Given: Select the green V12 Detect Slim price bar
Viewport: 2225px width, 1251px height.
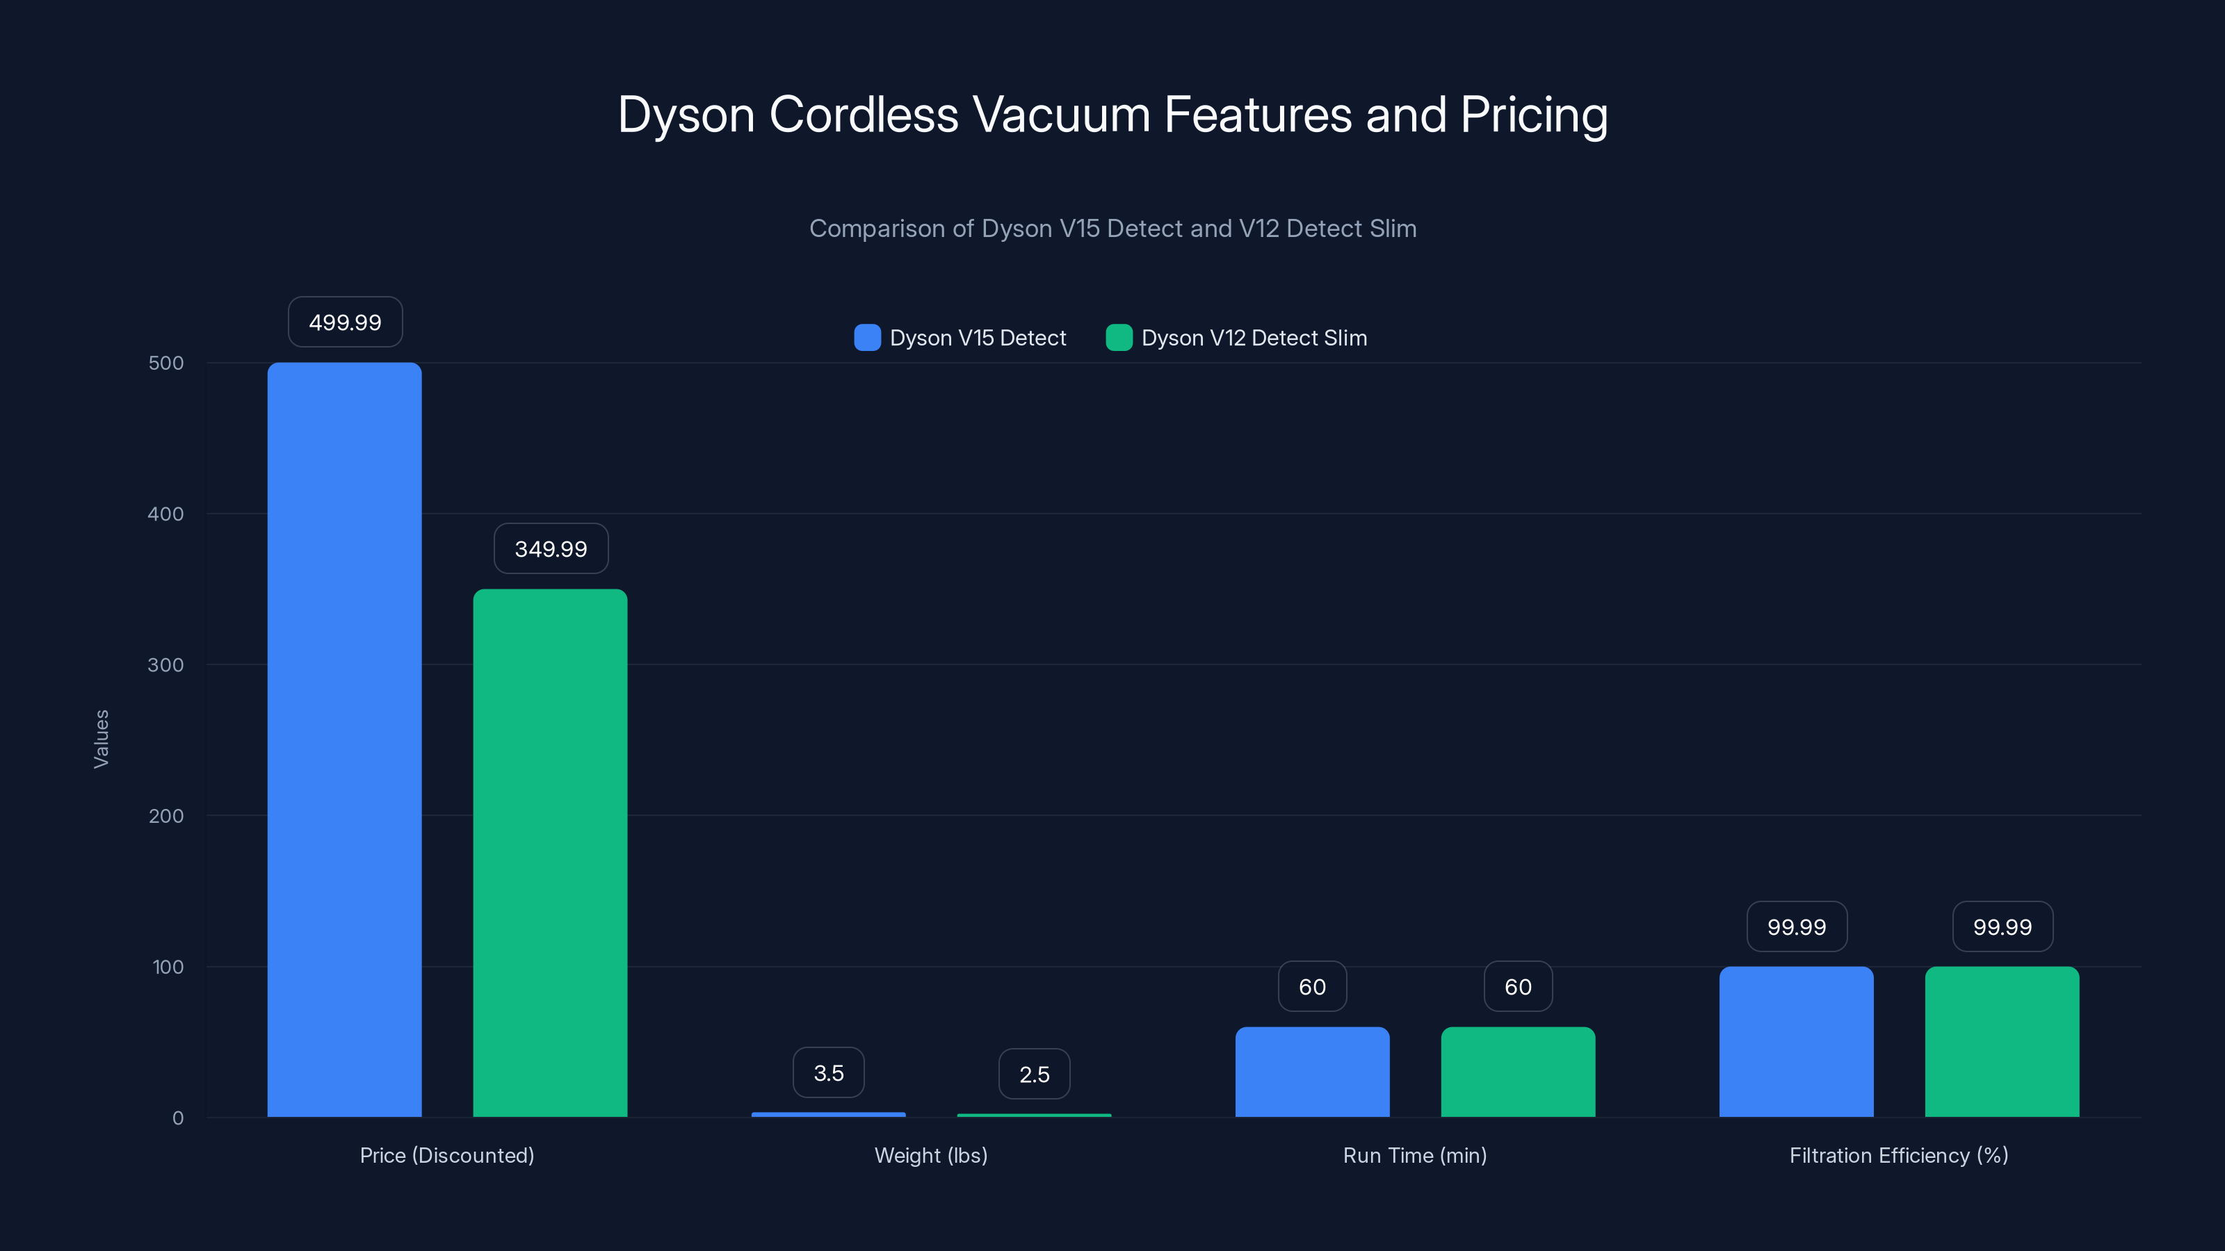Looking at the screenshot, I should coord(549,852).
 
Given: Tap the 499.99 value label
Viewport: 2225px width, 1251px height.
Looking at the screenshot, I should coord(345,322).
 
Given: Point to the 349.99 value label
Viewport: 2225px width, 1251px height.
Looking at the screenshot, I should coord(550,548).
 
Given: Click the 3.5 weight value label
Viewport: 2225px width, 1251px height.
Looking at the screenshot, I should coord(828,1072).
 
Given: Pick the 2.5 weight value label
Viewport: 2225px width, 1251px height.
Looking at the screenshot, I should coord(1034,1074).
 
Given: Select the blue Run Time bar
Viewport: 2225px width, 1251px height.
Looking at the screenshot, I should coord(1311,1072).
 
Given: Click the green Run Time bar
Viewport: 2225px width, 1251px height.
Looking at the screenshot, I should coord(1518,1072).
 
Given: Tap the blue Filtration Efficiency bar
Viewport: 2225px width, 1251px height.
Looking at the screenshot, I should coord(1796,1041).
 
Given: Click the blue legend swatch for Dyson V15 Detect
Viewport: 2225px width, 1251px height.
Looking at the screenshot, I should coord(867,338).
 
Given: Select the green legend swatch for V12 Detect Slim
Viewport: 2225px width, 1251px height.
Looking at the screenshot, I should coord(1119,338).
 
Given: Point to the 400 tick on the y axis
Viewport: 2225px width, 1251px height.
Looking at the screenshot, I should coord(166,514).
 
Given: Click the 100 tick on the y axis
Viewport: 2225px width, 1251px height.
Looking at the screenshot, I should coord(168,967).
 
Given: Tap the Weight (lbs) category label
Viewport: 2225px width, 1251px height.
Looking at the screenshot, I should coord(930,1155).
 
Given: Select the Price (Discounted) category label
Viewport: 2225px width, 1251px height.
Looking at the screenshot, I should coord(446,1155).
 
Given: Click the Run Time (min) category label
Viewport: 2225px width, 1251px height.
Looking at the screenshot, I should coord(1414,1155).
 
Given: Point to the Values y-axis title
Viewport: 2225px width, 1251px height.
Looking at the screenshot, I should coord(101,739).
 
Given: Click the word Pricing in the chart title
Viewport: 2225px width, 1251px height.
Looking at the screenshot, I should coord(1533,115).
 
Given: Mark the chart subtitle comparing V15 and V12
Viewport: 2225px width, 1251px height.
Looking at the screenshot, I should coord(1112,228).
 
